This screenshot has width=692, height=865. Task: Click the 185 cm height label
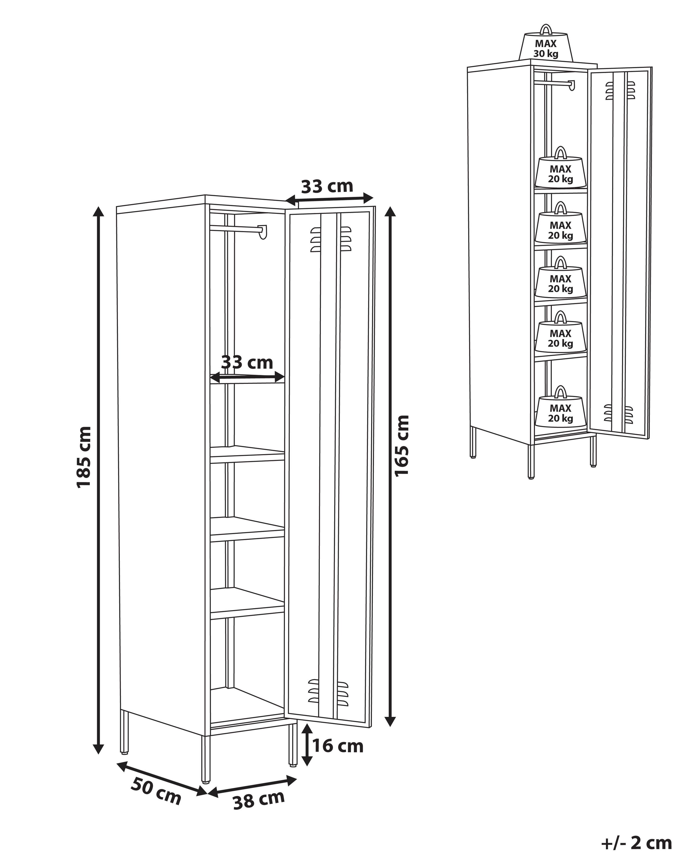(85, 456)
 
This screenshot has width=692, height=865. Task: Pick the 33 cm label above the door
(327, 186)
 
